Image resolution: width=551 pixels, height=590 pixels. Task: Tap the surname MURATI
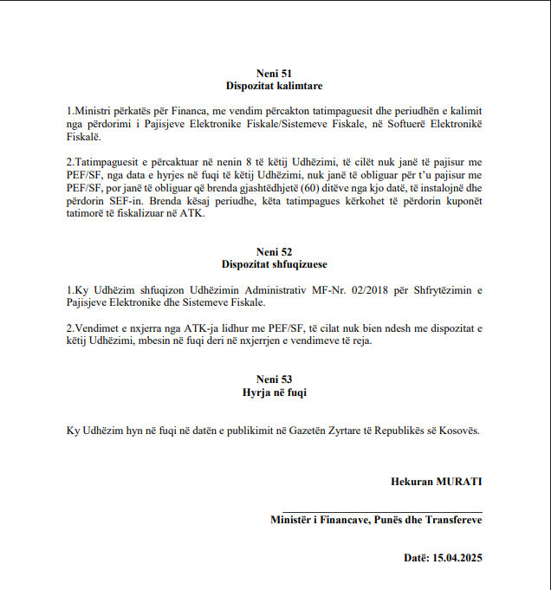[460, 481]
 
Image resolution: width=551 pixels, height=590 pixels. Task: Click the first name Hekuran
[412, 481]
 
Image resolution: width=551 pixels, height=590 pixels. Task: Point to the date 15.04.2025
[457, 558]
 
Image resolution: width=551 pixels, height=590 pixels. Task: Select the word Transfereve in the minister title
[453, 520]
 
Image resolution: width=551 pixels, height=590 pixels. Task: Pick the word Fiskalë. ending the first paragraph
[84, 137]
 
